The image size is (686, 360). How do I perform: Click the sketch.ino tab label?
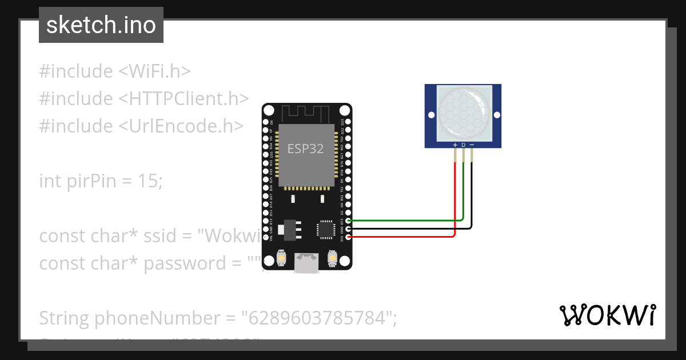(x=101, y=26)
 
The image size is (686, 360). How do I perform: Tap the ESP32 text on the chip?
(x=305, y=149)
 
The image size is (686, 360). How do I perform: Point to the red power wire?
(x=400, y=236)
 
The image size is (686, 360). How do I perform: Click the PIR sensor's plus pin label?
(x=455, y=145)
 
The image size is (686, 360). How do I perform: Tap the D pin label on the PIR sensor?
(x=463, y=145)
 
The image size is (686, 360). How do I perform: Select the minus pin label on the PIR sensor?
(x=472, y=145)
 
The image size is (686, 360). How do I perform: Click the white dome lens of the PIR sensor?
(x=463, y=112)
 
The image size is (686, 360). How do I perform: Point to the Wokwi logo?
(x=608, y=315)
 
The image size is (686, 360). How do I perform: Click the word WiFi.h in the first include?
(x=154, y=71)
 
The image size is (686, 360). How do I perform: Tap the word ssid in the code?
(x=171, y=235)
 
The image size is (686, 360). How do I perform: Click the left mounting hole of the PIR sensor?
(x=430, y=116)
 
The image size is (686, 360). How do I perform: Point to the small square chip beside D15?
(x=325, y=229)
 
